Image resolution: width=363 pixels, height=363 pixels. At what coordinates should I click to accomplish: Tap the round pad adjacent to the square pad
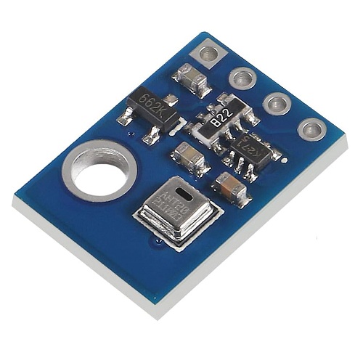coord(241,78)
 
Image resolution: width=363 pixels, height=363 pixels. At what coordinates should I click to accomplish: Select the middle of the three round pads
coord(277,103)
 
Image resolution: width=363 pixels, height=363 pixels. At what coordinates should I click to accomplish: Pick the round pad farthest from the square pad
coord(312,130)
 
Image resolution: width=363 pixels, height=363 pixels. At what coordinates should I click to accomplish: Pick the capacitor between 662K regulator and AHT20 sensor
coord(190,156)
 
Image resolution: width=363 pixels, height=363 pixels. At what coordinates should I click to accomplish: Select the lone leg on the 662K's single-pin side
coord(171,98)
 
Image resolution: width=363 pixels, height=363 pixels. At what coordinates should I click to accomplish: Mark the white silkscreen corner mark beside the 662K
coord(172,118)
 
